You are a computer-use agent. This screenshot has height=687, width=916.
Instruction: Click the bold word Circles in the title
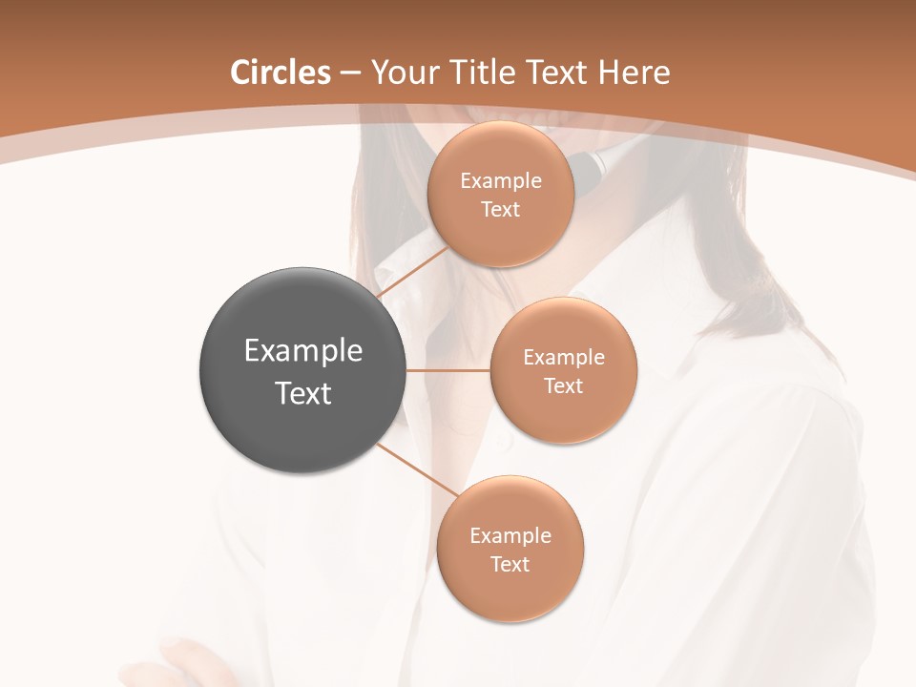(x=280, y=73)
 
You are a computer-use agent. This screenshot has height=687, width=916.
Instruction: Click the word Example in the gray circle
(x=303, y=350)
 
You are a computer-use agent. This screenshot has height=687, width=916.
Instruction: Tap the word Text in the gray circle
(x=303, y=393)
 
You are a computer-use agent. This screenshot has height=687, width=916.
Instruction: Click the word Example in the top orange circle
(x=501, y=181)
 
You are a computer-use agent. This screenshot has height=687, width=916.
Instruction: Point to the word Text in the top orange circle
(x=500, y=210)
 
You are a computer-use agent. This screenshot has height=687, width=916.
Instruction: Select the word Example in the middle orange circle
(x=564, y=358)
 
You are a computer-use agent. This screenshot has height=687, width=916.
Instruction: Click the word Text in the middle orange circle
(x=563, y=386)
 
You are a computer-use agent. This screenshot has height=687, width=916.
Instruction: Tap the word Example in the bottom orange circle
(x=510, y=535)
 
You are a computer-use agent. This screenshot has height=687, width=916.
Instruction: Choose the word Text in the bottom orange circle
(x=510, y=564)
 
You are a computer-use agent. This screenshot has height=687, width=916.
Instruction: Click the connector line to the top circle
(x=412, y=272)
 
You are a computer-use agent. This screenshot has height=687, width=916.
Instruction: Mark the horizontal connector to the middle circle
(x=448, y=370)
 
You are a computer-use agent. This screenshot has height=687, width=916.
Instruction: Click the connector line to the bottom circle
(x=418, y=469)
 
